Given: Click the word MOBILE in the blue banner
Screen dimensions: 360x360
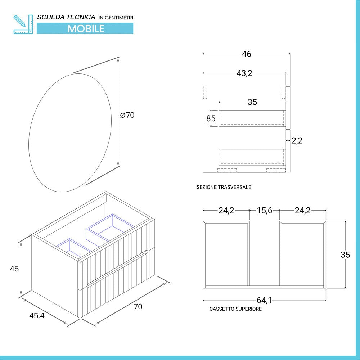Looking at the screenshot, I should (x=86, y=28).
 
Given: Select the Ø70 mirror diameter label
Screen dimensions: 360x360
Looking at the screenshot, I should (x=127, y=115).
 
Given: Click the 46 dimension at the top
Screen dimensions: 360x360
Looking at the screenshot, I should (x=247, y=54).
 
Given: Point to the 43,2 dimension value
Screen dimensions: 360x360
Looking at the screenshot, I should (x=244, y=73).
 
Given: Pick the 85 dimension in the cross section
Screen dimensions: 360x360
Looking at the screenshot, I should (x=211, y=118).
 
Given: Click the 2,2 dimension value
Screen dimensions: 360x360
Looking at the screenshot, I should (x=297, y=140).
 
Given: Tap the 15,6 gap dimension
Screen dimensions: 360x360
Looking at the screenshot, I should (x=264, y=211).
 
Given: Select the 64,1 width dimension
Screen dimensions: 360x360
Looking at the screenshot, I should (x=264, y=300).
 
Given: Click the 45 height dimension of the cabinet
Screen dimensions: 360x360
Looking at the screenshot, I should (x=14, y=269).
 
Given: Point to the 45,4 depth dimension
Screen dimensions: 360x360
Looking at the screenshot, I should (x=37, y=316).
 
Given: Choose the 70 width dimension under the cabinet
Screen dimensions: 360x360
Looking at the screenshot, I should (x=138, y=306).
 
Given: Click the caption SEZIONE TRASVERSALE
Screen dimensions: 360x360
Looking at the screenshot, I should (x=224, y=187).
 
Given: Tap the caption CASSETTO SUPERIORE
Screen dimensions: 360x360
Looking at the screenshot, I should (x=235, y=309).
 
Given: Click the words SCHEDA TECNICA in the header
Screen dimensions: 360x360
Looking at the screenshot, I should (x=66, y=17).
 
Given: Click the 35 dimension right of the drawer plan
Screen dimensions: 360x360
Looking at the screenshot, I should (x=345, y=255).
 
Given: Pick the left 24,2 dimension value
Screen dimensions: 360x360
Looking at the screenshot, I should (x=226, y=211).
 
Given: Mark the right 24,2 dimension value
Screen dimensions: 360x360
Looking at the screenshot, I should (x=302, y=211).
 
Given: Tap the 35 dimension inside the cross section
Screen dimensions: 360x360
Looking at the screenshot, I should (x=252, y=102).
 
